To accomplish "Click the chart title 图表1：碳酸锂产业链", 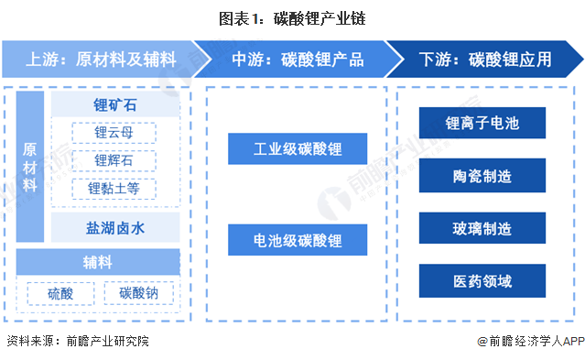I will (292, 16).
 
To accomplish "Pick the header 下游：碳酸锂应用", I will (485, 60).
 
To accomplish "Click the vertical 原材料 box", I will (29, 166).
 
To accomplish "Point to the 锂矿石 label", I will (114, 104).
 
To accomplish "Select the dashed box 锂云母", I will (114, 133).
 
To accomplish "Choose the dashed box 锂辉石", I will (114, 161).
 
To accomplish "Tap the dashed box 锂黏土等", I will (114, 190).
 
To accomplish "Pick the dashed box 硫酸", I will (60, 293).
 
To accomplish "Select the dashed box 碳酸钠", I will (139, 293).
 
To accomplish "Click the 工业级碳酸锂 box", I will (298, 147).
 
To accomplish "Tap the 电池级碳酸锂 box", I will (298, 240).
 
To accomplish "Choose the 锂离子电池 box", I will (482, 123).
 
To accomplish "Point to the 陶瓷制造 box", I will (482, 175).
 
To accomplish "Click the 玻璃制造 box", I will (482, 227).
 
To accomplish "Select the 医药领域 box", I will (482, 279).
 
